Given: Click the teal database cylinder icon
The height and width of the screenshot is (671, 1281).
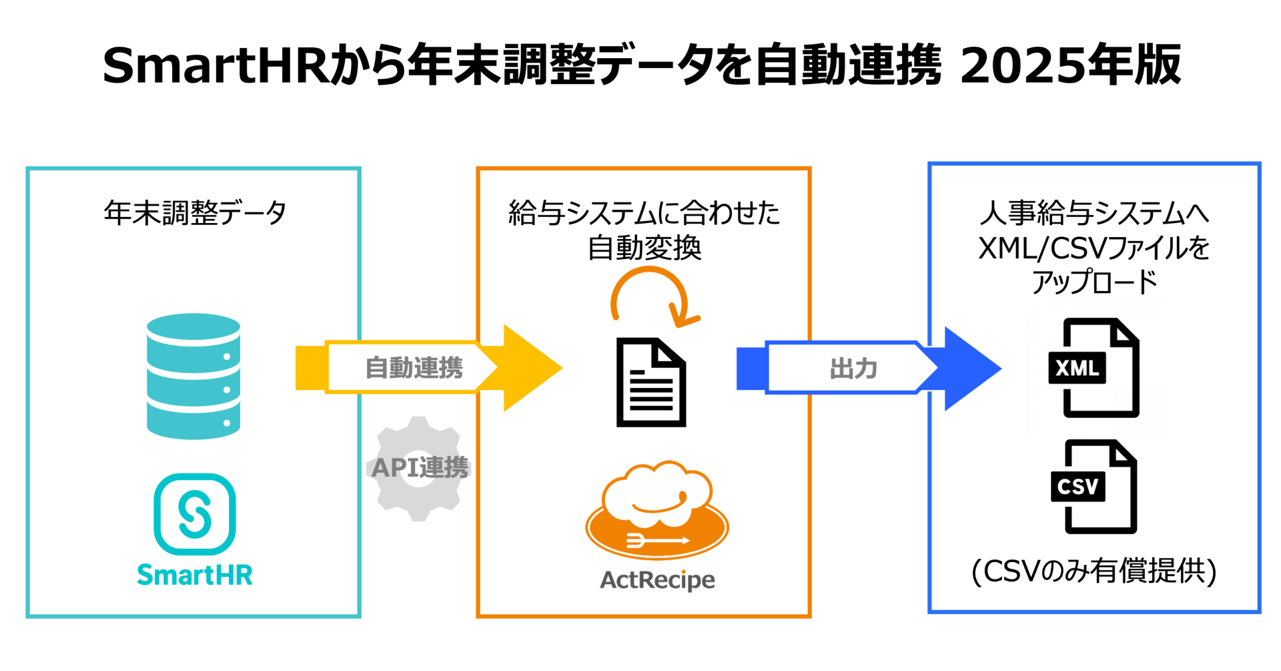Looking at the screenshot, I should (193, 376).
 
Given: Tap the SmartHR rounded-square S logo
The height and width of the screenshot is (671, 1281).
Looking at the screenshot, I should (194, 514).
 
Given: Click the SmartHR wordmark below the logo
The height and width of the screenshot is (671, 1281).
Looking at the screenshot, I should (194, 575).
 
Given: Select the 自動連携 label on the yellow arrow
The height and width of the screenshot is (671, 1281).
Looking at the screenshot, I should (414, 368).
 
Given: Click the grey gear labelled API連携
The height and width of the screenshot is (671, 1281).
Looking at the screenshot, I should (419, 468).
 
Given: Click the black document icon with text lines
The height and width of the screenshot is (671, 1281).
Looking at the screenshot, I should (651, 383).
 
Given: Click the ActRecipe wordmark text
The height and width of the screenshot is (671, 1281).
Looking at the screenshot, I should (657, 580).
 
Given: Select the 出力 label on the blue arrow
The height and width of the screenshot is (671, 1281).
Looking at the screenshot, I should (853, 369).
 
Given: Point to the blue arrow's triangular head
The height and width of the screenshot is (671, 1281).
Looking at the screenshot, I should (971, 369).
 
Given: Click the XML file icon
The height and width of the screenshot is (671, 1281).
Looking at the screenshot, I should (1095, 368).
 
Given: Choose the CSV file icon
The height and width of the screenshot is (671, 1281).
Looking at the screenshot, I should (1095, 487).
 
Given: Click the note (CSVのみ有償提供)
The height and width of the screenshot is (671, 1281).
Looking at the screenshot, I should (1094, 572).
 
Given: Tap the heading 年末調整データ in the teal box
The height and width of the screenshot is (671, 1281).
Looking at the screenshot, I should (194, 213).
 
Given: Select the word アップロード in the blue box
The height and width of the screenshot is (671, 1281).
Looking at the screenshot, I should (1094, 282).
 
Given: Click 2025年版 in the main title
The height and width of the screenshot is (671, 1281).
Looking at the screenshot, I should (1070, 65).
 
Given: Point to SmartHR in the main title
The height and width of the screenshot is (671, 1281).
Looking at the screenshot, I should (217, 65).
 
